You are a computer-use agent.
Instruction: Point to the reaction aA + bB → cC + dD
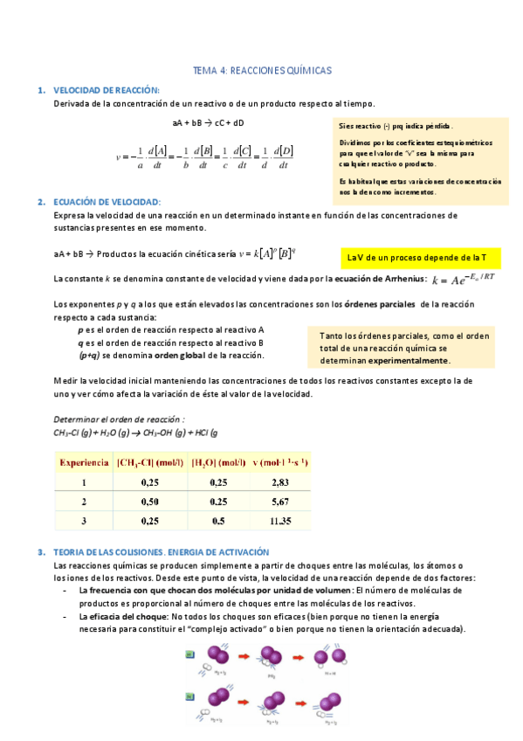pyautogui.click(x=209, y=122)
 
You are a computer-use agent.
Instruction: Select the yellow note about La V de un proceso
pyautogui.click(x=416, y=258)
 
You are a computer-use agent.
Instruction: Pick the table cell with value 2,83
pyautogui.click(x=279, y=481)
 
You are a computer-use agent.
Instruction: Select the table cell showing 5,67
pyautogui.click(x=279, y=502)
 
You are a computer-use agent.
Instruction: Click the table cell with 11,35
pyautogui.click(x=279, y=521)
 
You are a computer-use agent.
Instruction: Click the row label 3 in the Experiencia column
pyautogui.click(x=84, y=521)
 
